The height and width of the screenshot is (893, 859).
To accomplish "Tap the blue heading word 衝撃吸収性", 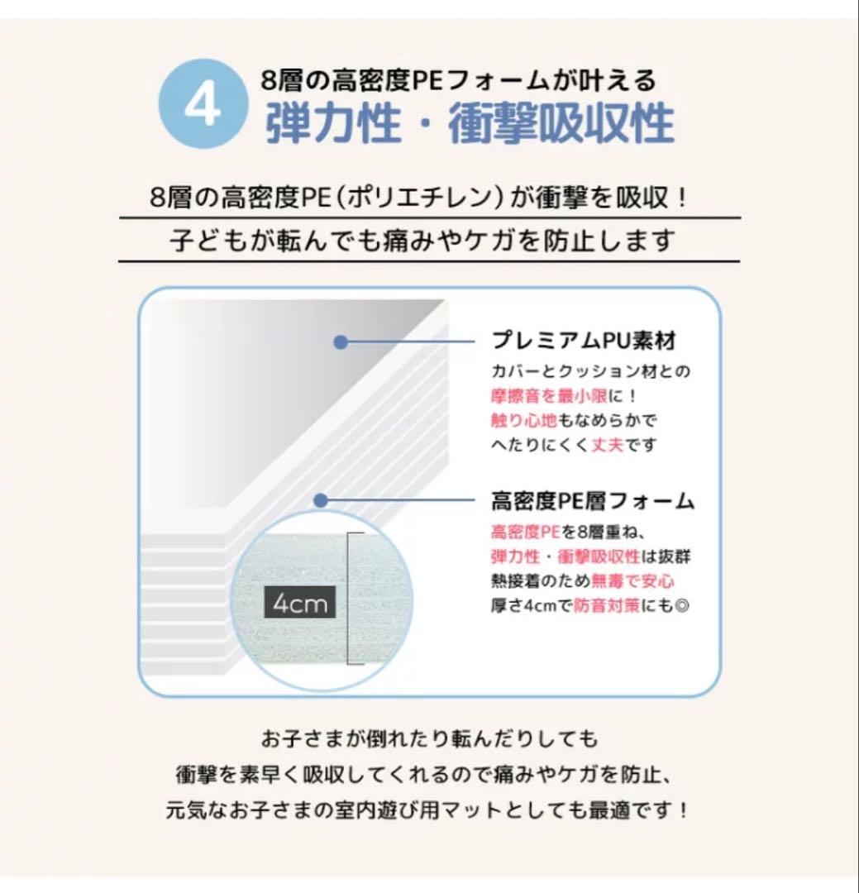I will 561,126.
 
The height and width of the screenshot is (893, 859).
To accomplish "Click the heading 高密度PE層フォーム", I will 592,501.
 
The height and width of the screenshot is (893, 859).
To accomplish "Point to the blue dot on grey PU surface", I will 340,341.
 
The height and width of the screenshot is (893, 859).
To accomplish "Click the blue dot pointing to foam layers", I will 322,500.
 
